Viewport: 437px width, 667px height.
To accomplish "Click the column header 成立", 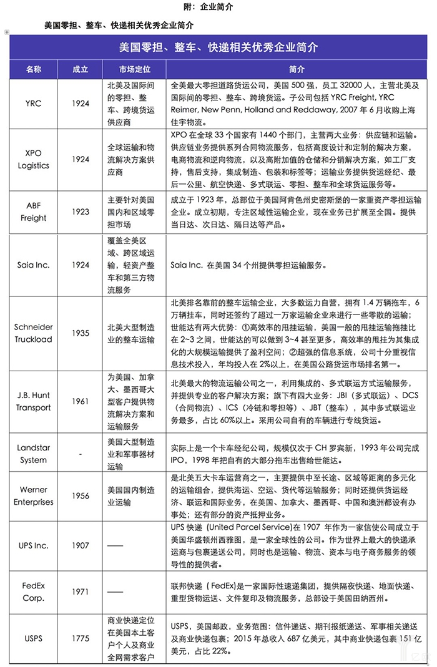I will click(x=81, y=69).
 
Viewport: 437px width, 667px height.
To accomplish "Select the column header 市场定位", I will click(x=134, y=69).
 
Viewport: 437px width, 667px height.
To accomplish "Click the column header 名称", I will click(x=33, y=69).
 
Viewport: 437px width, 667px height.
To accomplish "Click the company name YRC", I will click(x=33, y=104).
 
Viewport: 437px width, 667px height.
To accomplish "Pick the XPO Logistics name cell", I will click(x=33, y=160).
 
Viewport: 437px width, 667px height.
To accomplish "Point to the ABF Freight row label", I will click(x=33, y=212).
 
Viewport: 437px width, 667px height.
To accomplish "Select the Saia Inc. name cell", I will click(x=33, y=265).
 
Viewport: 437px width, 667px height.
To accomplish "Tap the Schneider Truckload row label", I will click(x=33, y=333).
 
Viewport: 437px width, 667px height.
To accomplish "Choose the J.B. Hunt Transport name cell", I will click(x=33, y=402).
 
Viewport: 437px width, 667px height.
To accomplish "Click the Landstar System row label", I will click(x=33, y=454).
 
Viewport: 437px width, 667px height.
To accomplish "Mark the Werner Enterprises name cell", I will click(x=33, y=496).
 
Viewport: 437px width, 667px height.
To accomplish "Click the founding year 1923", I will click(x=81, y=212).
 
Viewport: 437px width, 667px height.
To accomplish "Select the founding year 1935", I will click(x=81, y=333).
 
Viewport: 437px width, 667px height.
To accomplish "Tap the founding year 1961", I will click(x=81, y=402).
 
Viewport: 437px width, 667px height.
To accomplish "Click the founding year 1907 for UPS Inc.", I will click(x=81, y=545).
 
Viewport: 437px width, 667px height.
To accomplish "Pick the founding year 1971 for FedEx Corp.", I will click(x=81, y=592).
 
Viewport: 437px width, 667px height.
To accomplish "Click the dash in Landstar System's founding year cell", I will click(x=81, y=454).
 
